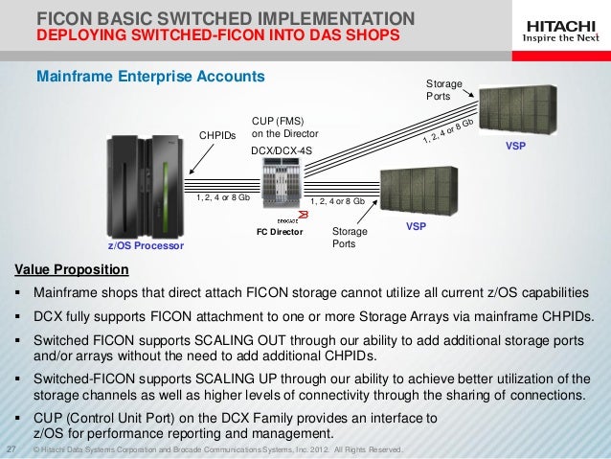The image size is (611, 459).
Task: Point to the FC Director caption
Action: (280, 232)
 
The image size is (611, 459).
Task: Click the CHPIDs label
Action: (216, 136)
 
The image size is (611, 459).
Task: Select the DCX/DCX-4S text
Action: (281, 151)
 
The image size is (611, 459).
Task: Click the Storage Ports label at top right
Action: (443, 91)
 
